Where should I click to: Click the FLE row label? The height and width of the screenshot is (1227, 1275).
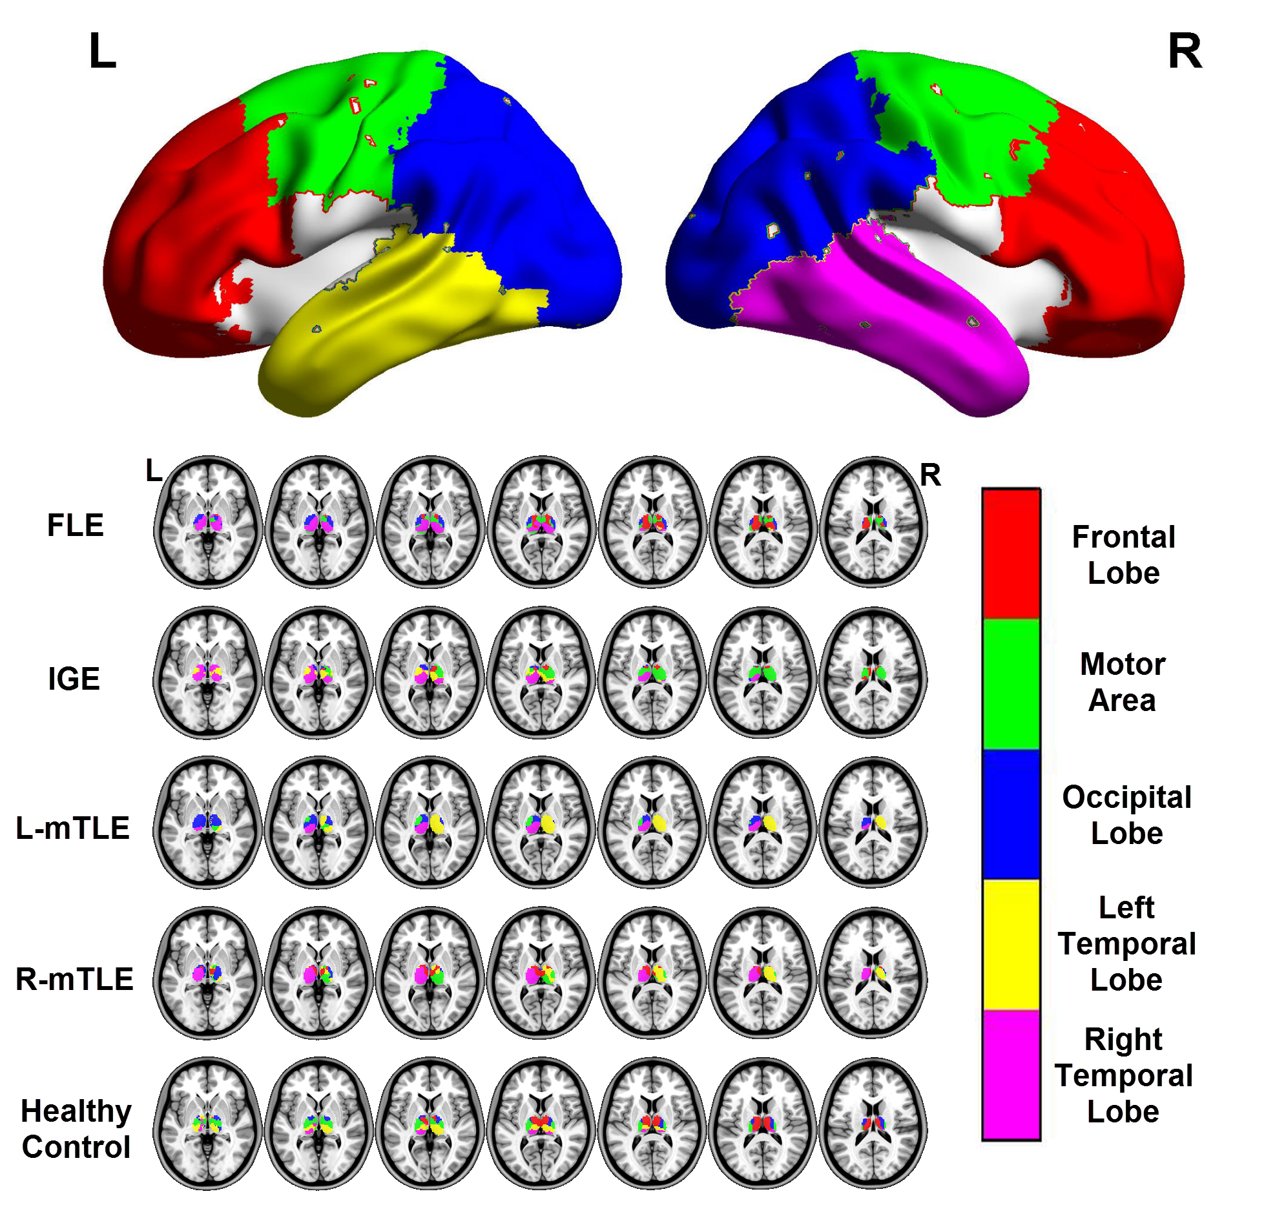click(76, 526)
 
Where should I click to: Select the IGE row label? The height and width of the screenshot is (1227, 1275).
click(74, 679)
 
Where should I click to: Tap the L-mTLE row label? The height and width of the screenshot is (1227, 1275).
click(73, 828)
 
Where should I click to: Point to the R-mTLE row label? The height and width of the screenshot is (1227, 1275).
click(74, 978)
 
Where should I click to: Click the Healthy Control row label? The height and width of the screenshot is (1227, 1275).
click(76, 1129)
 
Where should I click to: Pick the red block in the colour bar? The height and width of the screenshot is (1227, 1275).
click(1011, 553)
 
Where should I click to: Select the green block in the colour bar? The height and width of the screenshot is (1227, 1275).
click(1011, 684)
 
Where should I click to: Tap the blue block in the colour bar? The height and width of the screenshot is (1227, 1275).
click(1011, 814)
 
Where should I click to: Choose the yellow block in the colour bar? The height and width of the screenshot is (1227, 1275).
click(1011, 944)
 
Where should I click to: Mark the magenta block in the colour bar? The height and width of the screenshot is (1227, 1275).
click(1011, 1074)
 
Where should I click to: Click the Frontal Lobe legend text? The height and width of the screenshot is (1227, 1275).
click(1123, 555)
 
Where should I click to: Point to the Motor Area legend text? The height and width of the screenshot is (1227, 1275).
click(1122, 682)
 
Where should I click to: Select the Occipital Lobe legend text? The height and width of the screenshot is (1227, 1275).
click(1126, 815)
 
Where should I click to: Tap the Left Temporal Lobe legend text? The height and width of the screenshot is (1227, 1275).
click(1126, 943)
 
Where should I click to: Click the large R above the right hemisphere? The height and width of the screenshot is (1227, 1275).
click(1185, 52)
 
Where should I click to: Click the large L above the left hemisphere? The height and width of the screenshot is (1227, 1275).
click(102, 52)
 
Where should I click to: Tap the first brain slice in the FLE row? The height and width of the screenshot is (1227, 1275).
click(208, 522)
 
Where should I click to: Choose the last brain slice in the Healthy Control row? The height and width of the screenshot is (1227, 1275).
click(874, 1123)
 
